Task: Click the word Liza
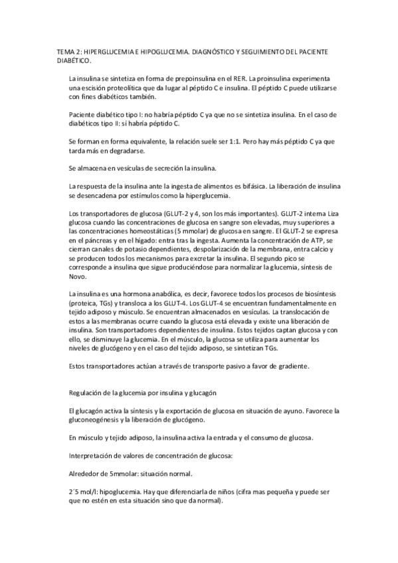(x=334, y=213)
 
